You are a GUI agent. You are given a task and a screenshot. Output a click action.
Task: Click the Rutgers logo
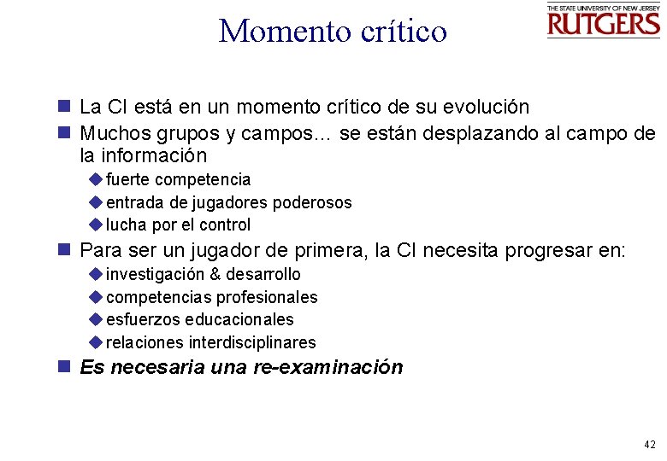click(x=603, y=20)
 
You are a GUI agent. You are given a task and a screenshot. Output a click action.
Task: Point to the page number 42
click(x=649, y=445)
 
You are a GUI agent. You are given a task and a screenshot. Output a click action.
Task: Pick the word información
click(x=156, y=156)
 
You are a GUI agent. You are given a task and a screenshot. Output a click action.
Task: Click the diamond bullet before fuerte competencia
click(x=95, y=179)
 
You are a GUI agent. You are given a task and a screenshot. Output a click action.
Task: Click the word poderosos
click(x=312, y=203)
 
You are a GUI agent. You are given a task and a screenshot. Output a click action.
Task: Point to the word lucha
click(x=127, y=225)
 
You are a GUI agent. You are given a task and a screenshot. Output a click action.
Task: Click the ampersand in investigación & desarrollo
click(x=215, y=275)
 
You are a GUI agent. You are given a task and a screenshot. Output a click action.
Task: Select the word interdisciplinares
click(x=252, y=343)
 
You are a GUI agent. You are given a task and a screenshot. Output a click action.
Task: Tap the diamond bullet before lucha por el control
click(x=95, y=225)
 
